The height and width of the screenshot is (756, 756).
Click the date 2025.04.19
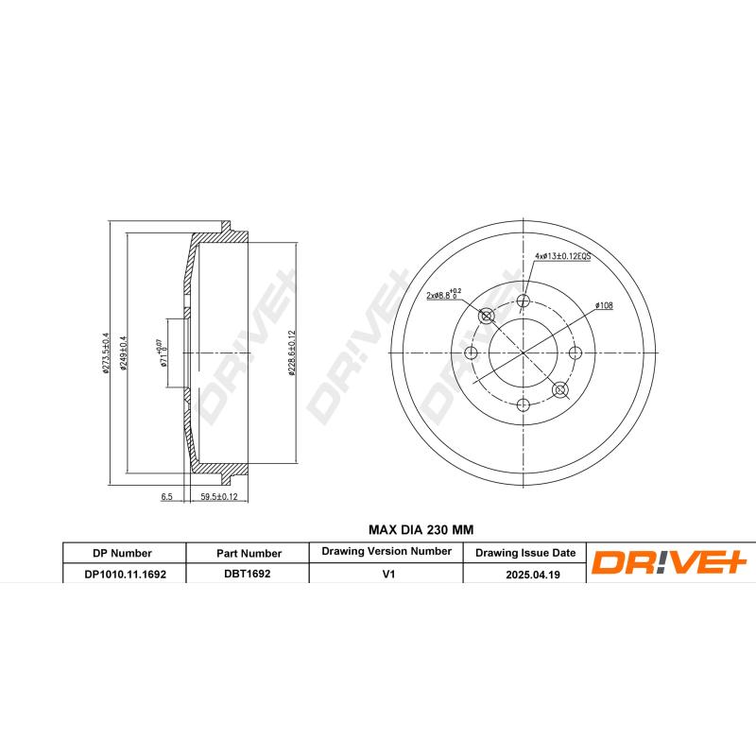click(x=524, y=573)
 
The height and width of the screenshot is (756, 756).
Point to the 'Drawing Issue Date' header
click(x=524, y=553)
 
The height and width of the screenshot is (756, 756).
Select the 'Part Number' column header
click(x=248, y=553)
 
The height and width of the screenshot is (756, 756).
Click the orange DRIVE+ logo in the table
click(x=669, y=563)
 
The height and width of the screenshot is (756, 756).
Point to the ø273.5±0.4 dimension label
click(x=108, y=353)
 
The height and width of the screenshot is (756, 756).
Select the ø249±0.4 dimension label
click(x=125, y=353)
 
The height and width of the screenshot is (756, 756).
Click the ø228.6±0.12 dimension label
click(x=293, y=353)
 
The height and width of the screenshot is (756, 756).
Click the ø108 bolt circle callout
click(x=604, y=305)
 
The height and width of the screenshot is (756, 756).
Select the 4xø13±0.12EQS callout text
click(x=562, y=256)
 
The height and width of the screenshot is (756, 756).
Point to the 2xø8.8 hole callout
click(x=442, y=295)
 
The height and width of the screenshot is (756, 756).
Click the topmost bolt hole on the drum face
click(x=524, y=302)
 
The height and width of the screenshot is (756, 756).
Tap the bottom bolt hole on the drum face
click(x=524, y=404)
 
